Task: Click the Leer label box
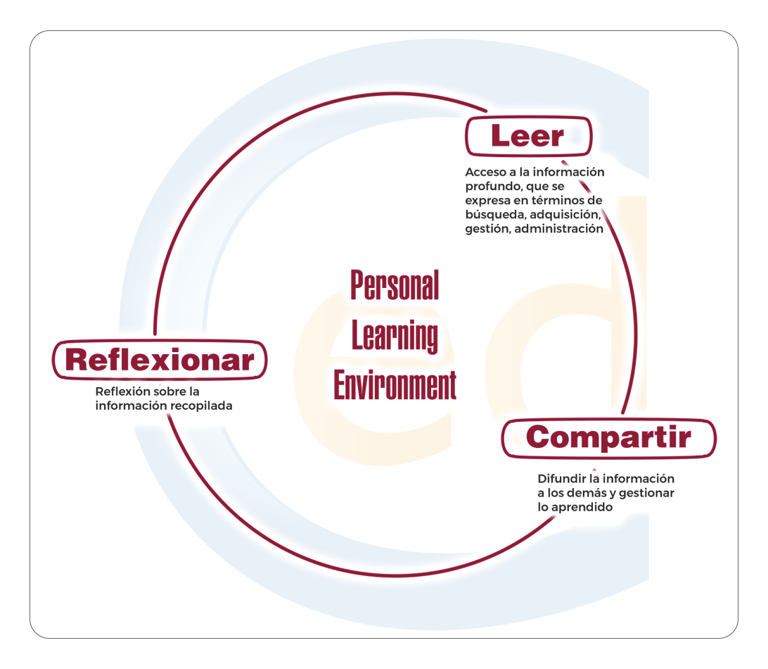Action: click(528, 137)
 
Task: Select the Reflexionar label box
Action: click(160, 360)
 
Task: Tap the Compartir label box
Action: click(608, 438)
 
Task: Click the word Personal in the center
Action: click(395, 285)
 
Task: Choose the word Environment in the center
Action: click(395, 384)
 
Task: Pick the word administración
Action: click(559, 229)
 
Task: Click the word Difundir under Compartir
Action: click(562, 479)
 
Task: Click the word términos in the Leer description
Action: click(556, 201)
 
